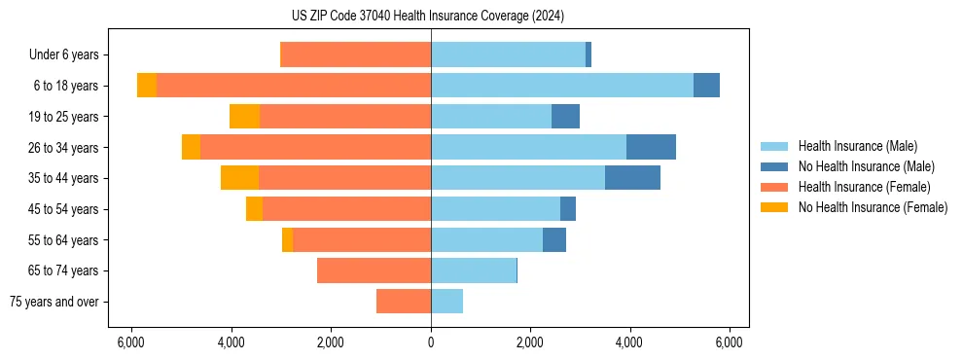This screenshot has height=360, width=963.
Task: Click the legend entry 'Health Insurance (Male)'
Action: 857,146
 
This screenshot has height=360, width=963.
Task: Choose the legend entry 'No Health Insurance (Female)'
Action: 873,207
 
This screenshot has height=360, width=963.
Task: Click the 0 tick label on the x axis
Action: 431,342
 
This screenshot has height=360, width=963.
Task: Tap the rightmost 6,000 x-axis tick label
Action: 730,342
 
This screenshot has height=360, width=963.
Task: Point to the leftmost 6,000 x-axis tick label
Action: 131,342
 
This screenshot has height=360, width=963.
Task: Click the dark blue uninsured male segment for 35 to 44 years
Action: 632,178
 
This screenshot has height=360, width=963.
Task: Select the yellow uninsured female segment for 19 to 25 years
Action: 244,117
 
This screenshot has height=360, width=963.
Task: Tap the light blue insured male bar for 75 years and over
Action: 446,302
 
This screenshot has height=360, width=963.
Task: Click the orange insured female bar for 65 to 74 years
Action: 374,270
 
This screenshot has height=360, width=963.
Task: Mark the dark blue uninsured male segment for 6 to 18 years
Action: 706,86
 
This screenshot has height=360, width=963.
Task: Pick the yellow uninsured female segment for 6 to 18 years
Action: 146,86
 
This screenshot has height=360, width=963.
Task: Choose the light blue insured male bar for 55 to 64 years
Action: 486,239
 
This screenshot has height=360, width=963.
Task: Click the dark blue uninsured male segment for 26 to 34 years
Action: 651,147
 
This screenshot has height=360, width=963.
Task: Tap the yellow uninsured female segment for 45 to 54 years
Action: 254,209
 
